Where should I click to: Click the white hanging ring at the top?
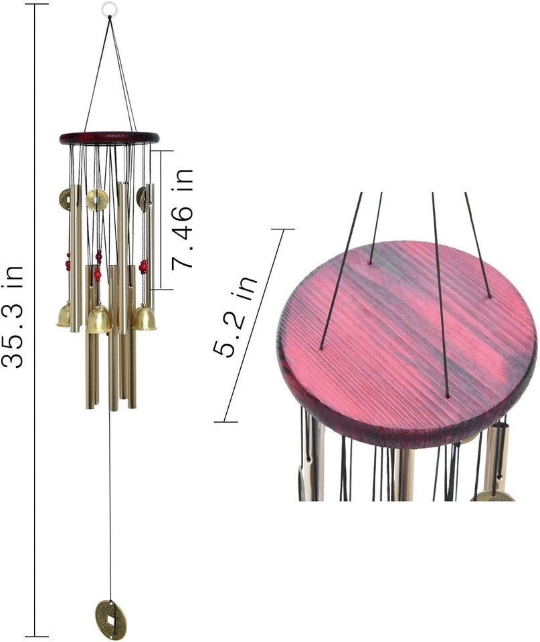point(108,7)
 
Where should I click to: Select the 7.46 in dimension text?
point(181,219)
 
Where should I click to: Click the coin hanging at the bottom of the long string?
point(111,620)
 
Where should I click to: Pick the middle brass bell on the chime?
point(98,320)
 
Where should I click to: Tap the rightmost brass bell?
point(145,318)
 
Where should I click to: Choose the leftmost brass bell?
point(64,314)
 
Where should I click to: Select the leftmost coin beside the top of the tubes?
point(64,199)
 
